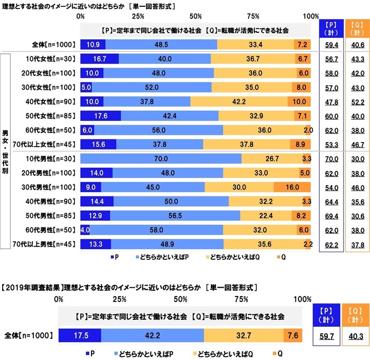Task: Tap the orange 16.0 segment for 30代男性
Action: (x=292, y=187)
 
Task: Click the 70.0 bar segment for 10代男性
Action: (x=161, y=158)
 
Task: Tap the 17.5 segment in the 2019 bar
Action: (x=79, y=335)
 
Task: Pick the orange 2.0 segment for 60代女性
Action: (x=309, y=130)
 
